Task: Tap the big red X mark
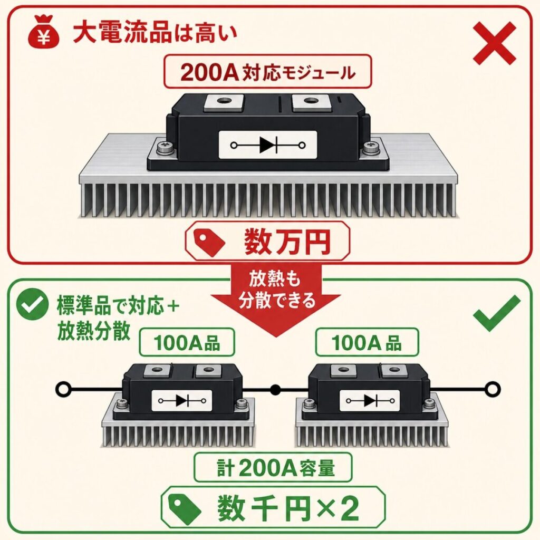(x=495, y=43)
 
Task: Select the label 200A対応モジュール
(x=267, y=72)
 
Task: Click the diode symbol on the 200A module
(x=267, y=145)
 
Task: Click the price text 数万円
(x=287, y=242)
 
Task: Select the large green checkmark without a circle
(x=496, y=313)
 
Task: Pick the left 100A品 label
(x=187, y=343)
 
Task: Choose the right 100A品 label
(x=367, y=343)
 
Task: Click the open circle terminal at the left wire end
(x=64, y=389)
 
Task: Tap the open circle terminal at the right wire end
(x=492, y=390)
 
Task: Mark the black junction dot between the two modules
(x=275, y=390)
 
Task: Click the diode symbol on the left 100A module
(x=182, y=401)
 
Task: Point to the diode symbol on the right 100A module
(x=370, y=401)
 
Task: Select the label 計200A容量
(x=273, y=467)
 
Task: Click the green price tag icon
(x=185, y=509)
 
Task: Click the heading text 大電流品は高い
(x=155, y=33)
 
